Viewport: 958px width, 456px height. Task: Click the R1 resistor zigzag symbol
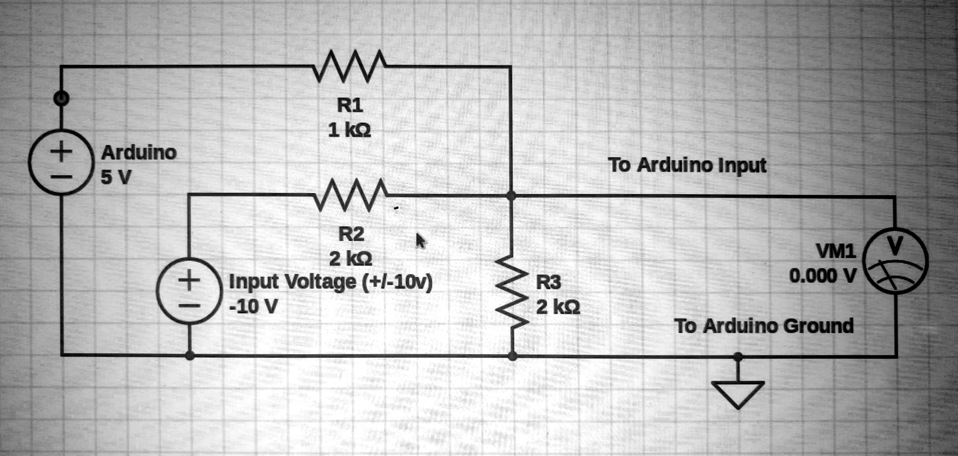click(349, 65)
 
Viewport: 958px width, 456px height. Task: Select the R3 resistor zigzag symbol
click(512, 291)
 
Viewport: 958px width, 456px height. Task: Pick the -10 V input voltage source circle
click(189, 291)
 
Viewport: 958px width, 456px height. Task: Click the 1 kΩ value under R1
click(349, 130)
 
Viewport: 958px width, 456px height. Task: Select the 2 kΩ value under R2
click(350, 258)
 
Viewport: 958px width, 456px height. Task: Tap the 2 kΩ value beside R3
click(558, 307)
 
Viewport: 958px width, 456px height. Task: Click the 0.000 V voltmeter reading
click(822, 275)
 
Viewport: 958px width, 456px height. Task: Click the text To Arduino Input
click(687, 165)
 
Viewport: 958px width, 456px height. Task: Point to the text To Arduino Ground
click(763, 326)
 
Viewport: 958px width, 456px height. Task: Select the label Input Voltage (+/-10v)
click(330, 282)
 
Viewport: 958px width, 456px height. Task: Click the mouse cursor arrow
click(420, 240)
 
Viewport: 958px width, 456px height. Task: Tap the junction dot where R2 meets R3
click(511, 196)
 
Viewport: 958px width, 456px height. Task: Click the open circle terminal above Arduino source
click(61, 98)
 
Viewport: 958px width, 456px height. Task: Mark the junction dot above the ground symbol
click(738, 356)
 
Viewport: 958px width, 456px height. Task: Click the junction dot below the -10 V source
click(190, 355)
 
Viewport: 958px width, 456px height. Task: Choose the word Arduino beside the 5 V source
click(139, 152)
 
